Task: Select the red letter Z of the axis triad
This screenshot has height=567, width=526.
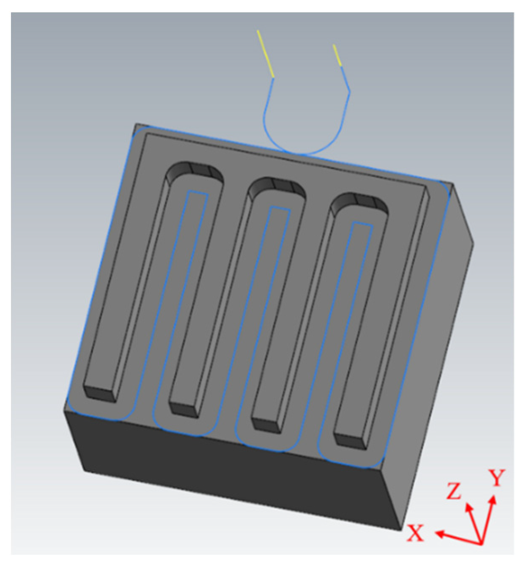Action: [454, 492]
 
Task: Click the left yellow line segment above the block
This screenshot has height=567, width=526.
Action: [266, 54]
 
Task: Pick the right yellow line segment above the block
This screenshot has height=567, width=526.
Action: [337, 55]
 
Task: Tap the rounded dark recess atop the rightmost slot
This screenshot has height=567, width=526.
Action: [359, 202]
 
